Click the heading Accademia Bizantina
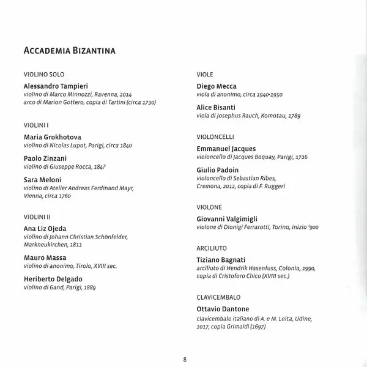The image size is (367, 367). [69, 51]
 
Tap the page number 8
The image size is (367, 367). [185, 358]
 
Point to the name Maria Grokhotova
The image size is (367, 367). [52, 137]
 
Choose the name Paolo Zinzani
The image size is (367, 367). [45, 158]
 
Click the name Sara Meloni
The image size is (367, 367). [43, 179]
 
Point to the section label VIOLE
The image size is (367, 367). [205, 74]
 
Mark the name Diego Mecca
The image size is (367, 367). [217, 86]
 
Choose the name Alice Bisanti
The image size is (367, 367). [216, 107]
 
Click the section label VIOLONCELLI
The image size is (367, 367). [215, 137]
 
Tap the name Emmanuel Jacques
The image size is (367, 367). [226, 149]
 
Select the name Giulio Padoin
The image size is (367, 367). [217, 169]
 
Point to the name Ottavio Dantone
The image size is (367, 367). [223, 309]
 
